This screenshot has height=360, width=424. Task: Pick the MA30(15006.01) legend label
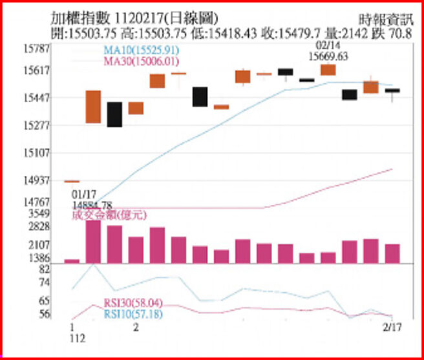coord(141,61)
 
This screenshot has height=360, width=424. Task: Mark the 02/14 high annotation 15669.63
coord(328,56)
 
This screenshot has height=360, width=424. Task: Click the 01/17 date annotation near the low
coord(84,193)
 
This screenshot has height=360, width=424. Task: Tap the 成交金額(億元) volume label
coord(109,215)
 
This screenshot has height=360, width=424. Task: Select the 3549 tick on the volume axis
coord(40,213)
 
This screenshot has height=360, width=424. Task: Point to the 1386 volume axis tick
coord(40,259)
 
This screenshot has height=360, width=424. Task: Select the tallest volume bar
coord(93,241)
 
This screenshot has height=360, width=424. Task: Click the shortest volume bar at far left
coord(72,260)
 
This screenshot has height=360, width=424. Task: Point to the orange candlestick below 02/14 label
coord(328,70)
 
